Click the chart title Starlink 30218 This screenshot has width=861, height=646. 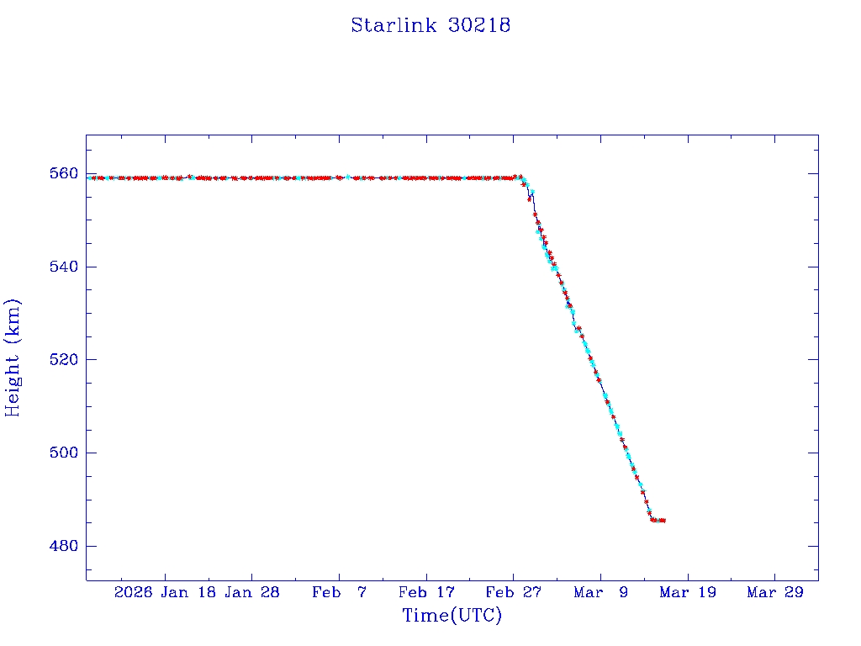pyautogui.click(x=430, y=25)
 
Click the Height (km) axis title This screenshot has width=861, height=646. pyautogui.click(x=13, y=357)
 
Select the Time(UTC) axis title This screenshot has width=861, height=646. pyautogui.click(x=452, y=616)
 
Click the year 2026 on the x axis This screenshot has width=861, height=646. pyautogui.click(x=134, y=593)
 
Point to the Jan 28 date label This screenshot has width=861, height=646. pyautogui.click(x=252, y=593)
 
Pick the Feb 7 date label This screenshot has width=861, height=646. pyautogui.click(x=340, y=593)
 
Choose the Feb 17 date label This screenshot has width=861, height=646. pyautogui.click(x=426, y=593)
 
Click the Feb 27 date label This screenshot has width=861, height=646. pyautogui.click(x=513, y=593)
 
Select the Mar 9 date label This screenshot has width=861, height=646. pyautogui.click(x=600, y=593)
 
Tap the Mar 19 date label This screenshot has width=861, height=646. pyautogui.click(x=687, y=593)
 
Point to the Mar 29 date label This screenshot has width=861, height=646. pyautogui.click(x=774, y=593)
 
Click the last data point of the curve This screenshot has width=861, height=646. pyautogui.click(x=663, y=521)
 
